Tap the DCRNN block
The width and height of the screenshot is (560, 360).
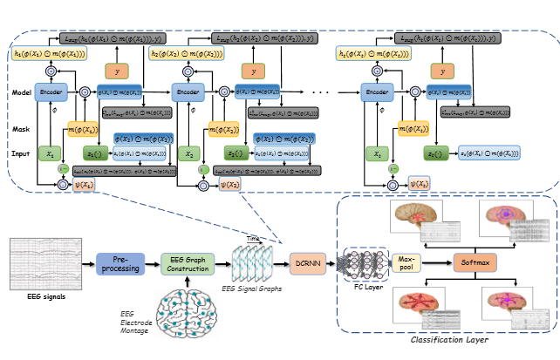tap(308, 262)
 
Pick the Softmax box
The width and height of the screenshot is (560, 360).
tap(474, 262)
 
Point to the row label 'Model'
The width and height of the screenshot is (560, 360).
tap(23, 92)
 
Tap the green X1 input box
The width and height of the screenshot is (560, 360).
tap(51, 153)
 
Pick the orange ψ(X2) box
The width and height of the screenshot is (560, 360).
tap(230, 185)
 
